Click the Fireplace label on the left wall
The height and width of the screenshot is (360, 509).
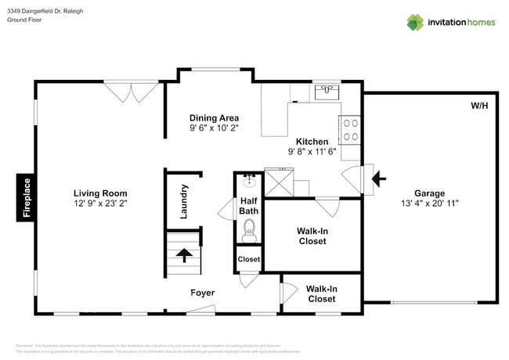pos(27,198)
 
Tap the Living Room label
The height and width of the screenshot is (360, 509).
pos(100,193)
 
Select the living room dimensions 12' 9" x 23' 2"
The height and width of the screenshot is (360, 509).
pos(100,203)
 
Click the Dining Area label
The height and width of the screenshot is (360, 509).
pos(214,118)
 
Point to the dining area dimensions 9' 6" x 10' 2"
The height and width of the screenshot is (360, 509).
pos(214,128)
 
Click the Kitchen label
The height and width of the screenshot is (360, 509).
pos(312,142)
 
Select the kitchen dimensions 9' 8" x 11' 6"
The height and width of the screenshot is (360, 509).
pos(312,152)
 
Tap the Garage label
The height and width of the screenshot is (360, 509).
pos(429,193)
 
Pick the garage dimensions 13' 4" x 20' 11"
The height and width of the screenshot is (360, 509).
pos(429,203)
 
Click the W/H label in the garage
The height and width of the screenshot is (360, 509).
pos(478,106)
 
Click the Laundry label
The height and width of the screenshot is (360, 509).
pos(184,201)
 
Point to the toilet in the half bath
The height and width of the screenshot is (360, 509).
pos(249,228)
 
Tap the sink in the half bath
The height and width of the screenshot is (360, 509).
pos(249,182)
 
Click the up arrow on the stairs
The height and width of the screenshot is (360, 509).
pos(184,255)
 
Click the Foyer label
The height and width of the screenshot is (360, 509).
pos(203,293)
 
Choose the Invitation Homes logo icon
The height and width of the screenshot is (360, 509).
pos(415,22)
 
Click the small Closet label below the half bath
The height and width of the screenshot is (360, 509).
pos(249,258)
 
